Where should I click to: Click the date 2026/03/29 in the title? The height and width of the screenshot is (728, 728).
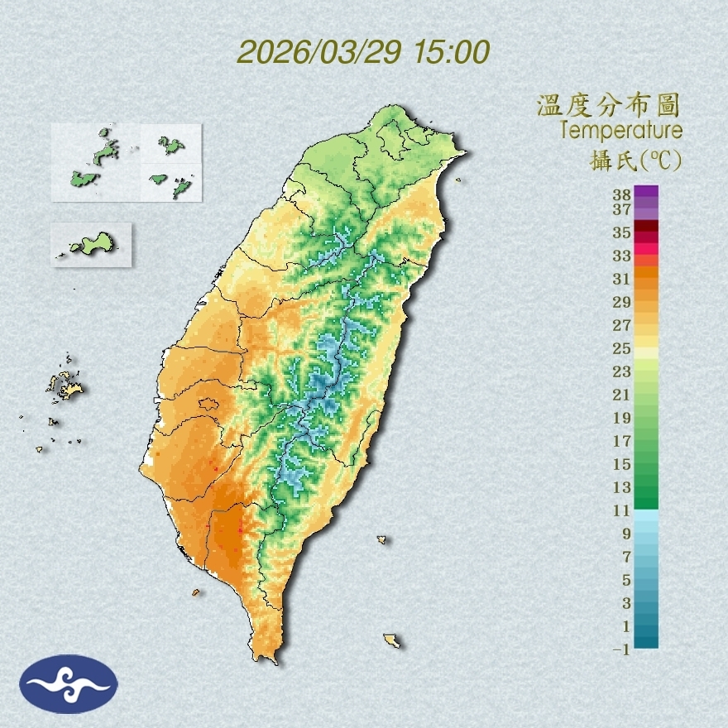click(318, 52)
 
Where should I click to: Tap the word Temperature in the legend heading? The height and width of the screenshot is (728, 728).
click(620, 131)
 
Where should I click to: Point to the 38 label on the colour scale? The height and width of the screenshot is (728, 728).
click(622, 195)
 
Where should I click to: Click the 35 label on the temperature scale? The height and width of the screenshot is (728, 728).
click(622, 232)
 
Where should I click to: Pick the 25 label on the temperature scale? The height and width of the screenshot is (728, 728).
click(622, 347)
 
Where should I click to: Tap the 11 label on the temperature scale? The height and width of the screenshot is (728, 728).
click(622, 510)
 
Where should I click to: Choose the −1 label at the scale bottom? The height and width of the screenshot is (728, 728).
click(620, 649)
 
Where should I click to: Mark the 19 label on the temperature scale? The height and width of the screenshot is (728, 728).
click(622, 417)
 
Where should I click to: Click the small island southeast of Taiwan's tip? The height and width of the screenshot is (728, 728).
click(392, 640)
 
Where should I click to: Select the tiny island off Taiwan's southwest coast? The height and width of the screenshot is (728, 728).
click(196, 592)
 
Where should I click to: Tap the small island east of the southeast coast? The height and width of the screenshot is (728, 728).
click(382, 540)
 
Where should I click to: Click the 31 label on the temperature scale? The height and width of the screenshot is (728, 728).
click(622, 278)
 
